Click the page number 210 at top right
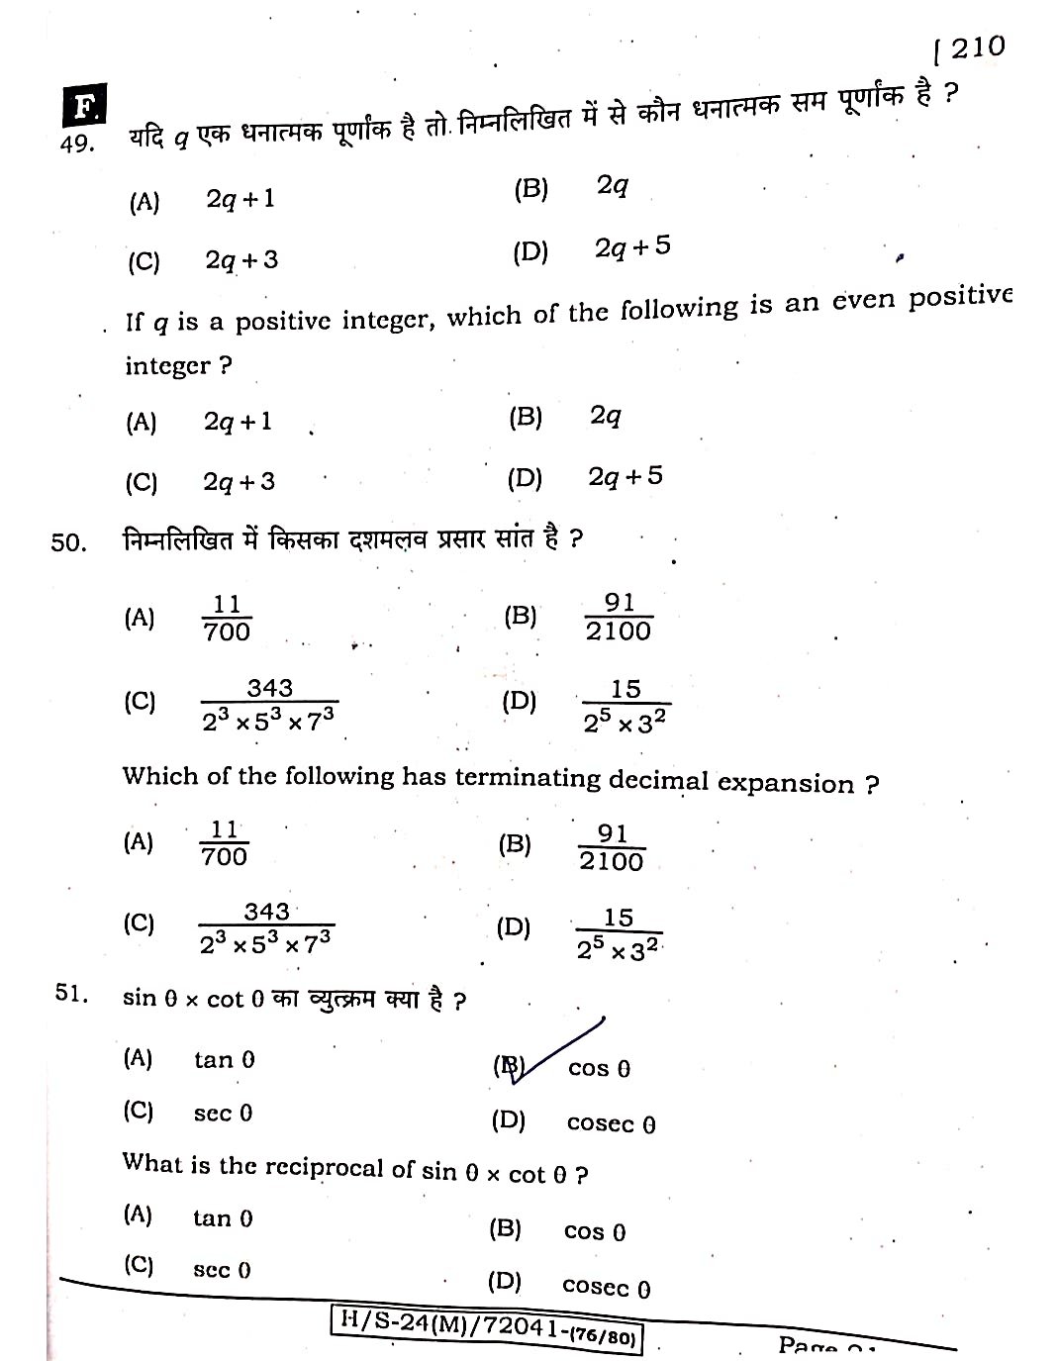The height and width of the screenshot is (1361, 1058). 978,47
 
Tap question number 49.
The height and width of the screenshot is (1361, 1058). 76,145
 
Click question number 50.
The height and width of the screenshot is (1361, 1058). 68,542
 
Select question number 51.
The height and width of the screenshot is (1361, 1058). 71,994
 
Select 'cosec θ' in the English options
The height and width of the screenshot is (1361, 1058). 606,1287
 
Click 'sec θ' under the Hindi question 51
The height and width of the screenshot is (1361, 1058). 223,1113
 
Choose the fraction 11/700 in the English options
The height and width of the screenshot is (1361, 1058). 224,843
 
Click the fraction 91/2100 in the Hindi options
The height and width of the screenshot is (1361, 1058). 618,617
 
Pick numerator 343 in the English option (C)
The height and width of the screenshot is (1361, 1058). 266,911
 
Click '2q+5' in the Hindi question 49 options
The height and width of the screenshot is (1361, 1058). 631,246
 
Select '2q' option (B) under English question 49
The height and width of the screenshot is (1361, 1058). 605,416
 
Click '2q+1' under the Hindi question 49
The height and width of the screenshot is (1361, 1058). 240,199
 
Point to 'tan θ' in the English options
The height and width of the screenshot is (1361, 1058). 223,1217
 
